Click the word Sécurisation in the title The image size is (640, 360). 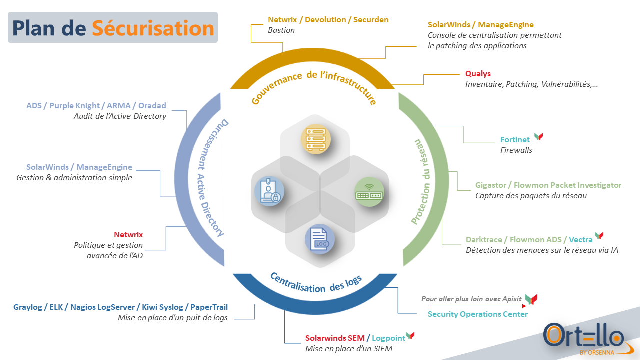[153, 28]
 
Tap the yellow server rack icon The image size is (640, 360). [315, 139]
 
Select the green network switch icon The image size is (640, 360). [369, 192]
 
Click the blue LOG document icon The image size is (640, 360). [320, 239]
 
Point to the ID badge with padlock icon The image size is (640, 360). [269, 191]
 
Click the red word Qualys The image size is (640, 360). [478, 73]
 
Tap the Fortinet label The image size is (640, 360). [515, 139]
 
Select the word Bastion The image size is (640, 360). [281, 30]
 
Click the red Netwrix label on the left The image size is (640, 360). [128, 234]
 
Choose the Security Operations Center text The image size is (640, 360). [477, 314]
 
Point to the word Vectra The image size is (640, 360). [580, 239]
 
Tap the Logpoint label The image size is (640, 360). [388, 338]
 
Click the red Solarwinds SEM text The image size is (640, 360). [335, 338]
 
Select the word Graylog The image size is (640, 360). [27, 307]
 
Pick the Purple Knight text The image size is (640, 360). [74, 105]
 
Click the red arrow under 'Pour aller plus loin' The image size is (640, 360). [477, 306]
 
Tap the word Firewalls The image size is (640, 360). [516, 150]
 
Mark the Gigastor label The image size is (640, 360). [490, 185]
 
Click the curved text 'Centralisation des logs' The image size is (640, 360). [316, 284]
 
